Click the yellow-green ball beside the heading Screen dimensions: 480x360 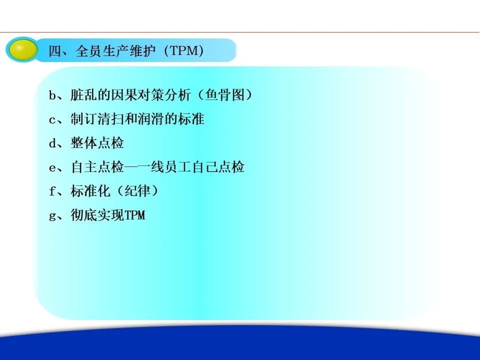(x=23, y=49)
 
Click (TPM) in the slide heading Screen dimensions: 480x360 (x=183, y=51)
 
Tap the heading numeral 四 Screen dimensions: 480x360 (x=55, y=51)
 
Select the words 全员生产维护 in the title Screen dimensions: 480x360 (x=115, y=51)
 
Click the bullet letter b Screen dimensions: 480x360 (x=52, y=95)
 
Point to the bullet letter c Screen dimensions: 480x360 (x=52, y=120)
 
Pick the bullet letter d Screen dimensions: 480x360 (x=52, y=143)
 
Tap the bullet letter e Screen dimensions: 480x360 (x=52, y=168)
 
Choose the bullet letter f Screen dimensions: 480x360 (x=52, y=191)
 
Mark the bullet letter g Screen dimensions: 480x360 (x=52, y=216)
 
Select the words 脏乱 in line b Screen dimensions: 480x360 (x=83, y=95)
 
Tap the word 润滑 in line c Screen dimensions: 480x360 (x=151, y=119)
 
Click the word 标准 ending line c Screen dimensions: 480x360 (x=191, y=119)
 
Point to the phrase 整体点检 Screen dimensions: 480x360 (x=97, y=142)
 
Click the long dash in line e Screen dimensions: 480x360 (x=137, y=167)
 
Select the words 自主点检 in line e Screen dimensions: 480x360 (x=97, y=167)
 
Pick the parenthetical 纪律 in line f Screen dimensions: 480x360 (x=137, y=190)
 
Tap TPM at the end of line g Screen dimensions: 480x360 (x=134, y=215)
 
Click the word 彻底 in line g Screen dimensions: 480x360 (x=83, y=214)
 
